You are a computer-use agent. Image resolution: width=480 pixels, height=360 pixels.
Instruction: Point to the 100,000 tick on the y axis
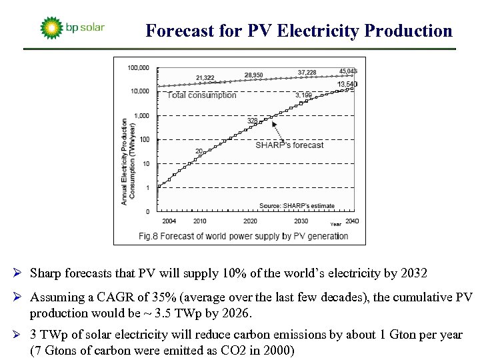tap(137, 67)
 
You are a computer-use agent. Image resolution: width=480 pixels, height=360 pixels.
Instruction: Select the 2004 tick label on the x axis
tap(169, 221)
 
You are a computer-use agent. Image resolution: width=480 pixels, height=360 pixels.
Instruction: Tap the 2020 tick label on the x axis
tap(250, 221)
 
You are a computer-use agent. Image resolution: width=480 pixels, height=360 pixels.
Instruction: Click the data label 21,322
tap(205, 79)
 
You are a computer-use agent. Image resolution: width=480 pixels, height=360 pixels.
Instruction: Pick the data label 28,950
tap(253, 75)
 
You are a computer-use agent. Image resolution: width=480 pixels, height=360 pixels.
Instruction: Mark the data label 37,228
tap(307, 72)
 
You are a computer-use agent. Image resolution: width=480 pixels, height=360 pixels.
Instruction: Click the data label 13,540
tap(347, 84)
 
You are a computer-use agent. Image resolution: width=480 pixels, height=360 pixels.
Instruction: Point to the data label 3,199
tap(303, 95)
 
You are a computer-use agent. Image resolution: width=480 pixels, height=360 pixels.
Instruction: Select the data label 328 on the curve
tap(252, 120)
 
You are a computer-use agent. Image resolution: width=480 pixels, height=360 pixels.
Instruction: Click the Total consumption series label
tap(202, 95)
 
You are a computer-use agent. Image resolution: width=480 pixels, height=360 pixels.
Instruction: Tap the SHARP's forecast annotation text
tap(289, 145)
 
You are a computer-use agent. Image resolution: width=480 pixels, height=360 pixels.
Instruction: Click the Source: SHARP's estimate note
tap(297, 206)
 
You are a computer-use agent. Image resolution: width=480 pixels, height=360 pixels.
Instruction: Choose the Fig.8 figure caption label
tap(149, 235)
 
